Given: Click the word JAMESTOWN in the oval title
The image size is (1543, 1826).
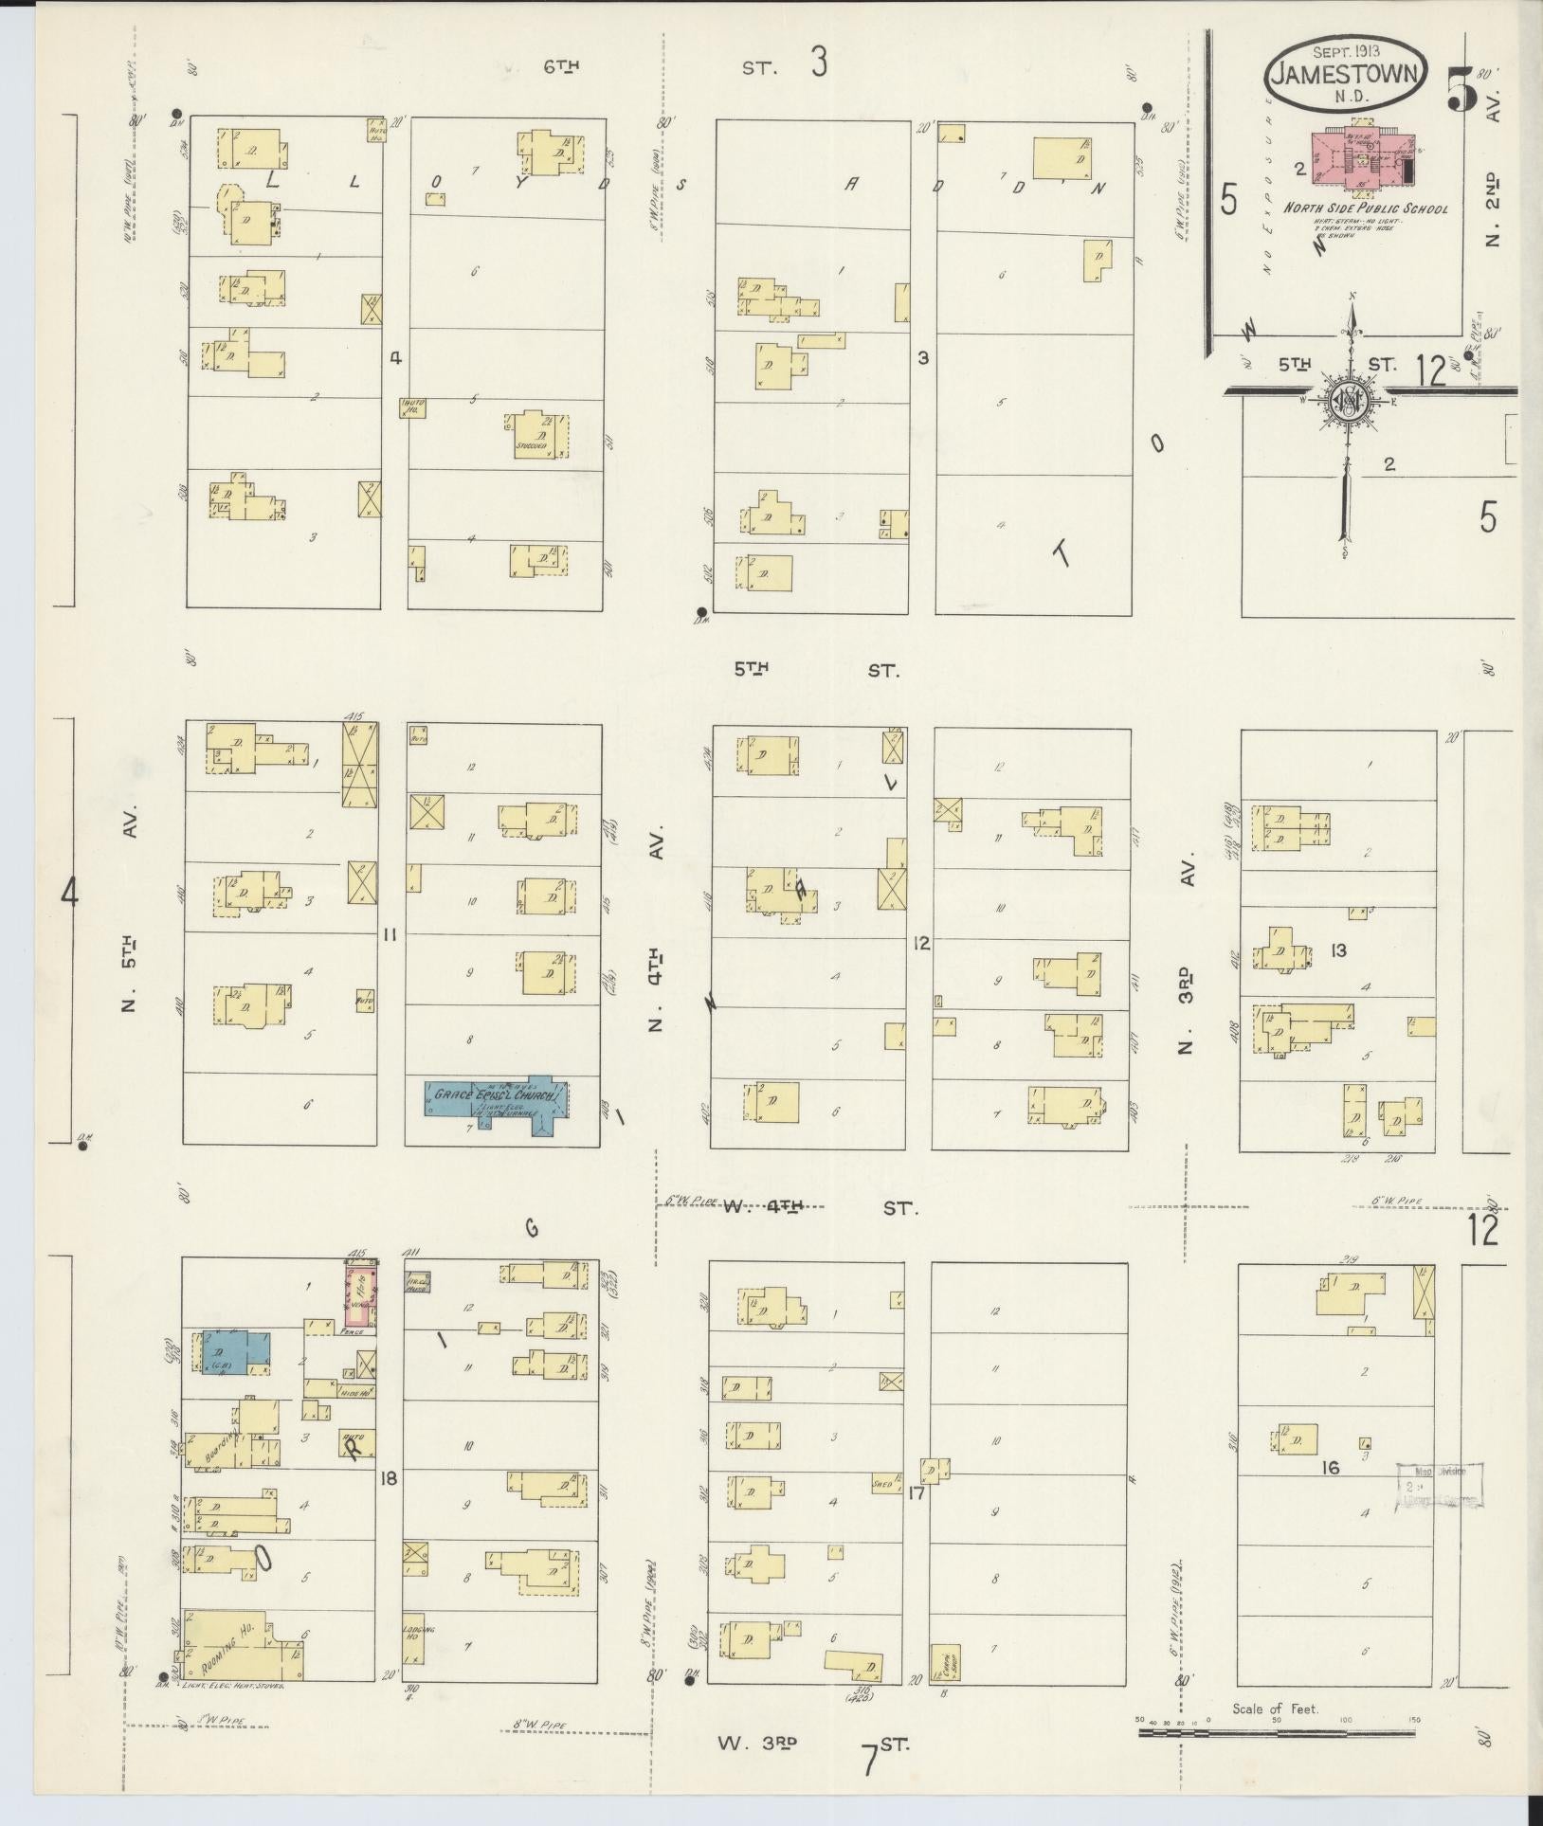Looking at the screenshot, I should click(1346, 75).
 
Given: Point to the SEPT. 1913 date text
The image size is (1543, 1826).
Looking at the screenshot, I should click(1346, 51).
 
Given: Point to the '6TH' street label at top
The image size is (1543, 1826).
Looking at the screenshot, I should click(561, 66).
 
